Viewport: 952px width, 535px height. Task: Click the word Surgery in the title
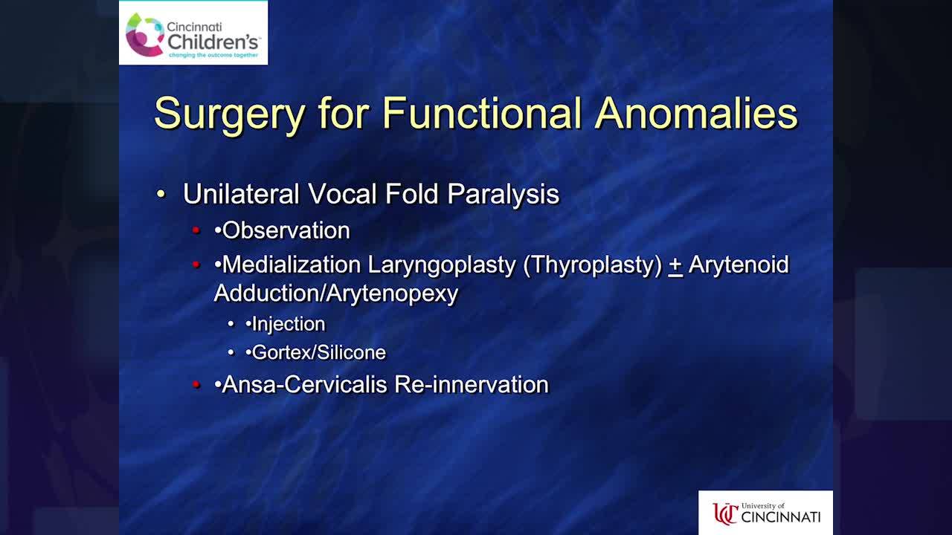tap(230, 114)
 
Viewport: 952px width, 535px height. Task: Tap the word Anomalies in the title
tap(696, 113)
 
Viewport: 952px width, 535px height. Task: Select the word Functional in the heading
tap(482, 113)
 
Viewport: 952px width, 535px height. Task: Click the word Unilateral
tap(241, 194)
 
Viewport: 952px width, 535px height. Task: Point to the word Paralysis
tap(504, 195)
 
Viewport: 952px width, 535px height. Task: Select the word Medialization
tap(292, 265)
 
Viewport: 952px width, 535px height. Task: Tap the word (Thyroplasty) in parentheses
tap(593, 266)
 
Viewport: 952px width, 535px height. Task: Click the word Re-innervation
tap(472, 385)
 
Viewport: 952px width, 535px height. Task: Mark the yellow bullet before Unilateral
tap(161, 194)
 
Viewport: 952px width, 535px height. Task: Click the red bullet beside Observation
tap(196, 230)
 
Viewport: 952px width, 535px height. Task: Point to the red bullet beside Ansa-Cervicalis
tap(196, 384)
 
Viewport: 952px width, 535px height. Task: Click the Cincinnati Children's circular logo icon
tap(145, 35)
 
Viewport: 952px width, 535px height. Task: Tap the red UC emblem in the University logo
tap(725, 513)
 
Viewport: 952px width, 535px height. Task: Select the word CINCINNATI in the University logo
tap(781, 516)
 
